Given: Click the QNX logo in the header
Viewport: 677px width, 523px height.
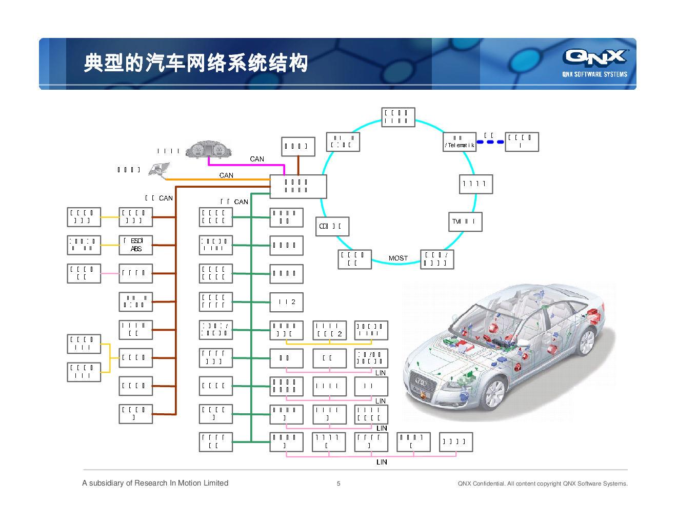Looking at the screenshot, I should (x=595, y=57).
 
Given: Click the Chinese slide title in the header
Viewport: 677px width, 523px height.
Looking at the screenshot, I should (x=195, y=63).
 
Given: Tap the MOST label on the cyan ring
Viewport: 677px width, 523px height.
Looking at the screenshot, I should (x=398, y=258).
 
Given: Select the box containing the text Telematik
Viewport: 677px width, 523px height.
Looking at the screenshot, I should (x=460, y=142).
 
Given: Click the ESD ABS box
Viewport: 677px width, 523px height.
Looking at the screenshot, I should (x=136, y=245).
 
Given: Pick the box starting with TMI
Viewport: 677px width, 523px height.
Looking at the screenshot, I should (x=465, y=222).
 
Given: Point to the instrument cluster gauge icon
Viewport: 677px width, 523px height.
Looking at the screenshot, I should (x=208, y=149).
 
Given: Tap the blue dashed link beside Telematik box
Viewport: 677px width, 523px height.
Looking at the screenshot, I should (x=490, y=142).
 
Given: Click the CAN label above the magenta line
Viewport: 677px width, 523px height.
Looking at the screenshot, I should (x=257, y=159).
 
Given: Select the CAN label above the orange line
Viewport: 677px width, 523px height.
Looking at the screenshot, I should (x=226, y=175).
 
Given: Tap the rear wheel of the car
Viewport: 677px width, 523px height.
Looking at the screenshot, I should (x=586, y=341).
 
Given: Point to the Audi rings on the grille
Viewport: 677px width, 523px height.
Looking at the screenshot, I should (x=421, y=382).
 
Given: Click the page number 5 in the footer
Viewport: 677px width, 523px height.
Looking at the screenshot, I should (x=339, y=484).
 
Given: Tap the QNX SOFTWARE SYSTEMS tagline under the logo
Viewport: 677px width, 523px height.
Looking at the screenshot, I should (x=594, y=74).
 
